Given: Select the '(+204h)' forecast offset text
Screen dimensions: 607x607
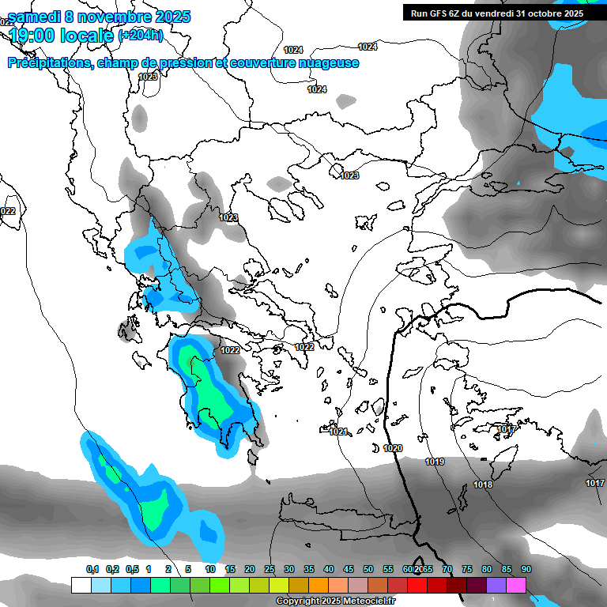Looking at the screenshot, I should tap(141, 36).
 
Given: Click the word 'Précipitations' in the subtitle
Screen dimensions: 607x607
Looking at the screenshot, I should tap(49, 63).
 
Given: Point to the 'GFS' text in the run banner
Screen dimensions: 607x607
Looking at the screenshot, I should tap(443, 13).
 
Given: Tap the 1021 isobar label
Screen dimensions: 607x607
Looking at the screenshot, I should tap(338, 432).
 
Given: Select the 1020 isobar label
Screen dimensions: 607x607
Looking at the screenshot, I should tap(393, 448).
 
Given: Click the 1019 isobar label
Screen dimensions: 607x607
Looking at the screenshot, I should tap(435, 462).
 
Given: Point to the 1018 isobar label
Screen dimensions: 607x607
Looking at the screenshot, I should tap(483, 484).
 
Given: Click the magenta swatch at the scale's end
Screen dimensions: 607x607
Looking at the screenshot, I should tap(516, 585).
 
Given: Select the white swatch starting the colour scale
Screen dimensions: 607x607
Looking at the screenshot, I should tap(81, 585).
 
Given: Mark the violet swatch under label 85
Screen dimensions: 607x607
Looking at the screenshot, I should tap(496, 585).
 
